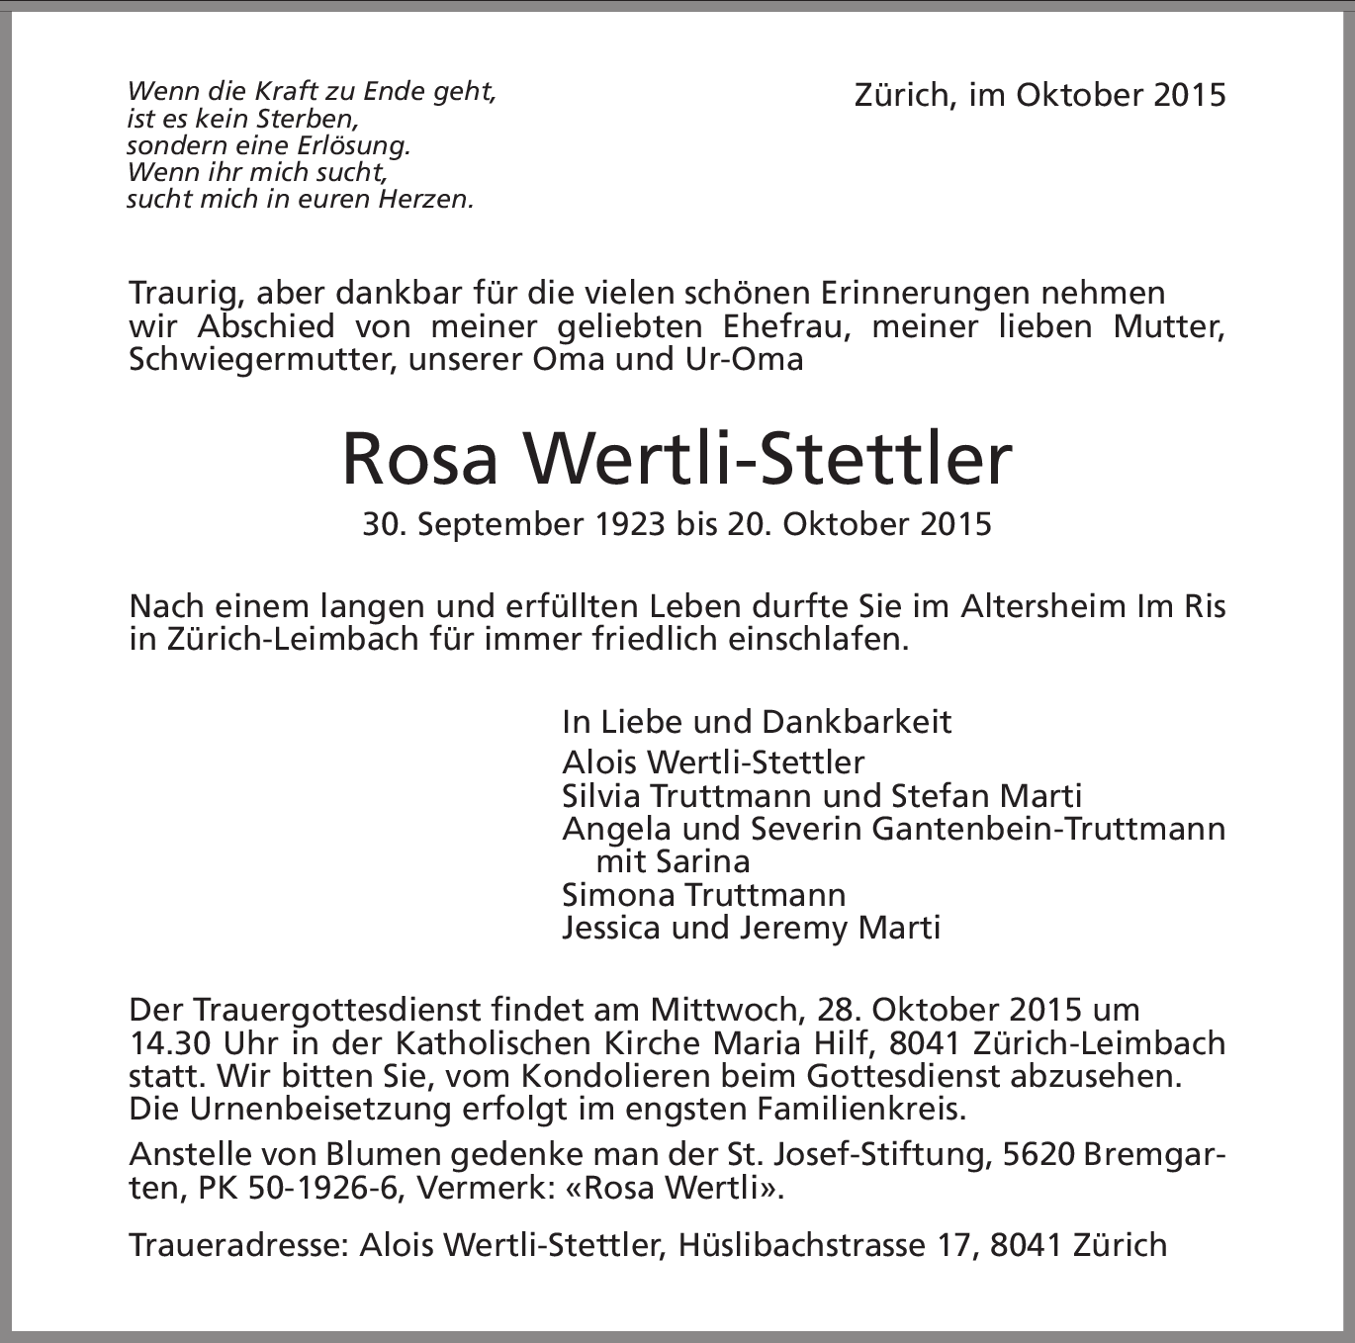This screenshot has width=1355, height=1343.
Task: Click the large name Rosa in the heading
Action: coord(419,460)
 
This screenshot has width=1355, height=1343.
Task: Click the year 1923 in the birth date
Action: coord(630,523)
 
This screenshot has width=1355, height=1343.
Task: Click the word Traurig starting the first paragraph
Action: coord(183,294)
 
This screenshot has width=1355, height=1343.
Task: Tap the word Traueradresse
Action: coord(237,1244)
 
